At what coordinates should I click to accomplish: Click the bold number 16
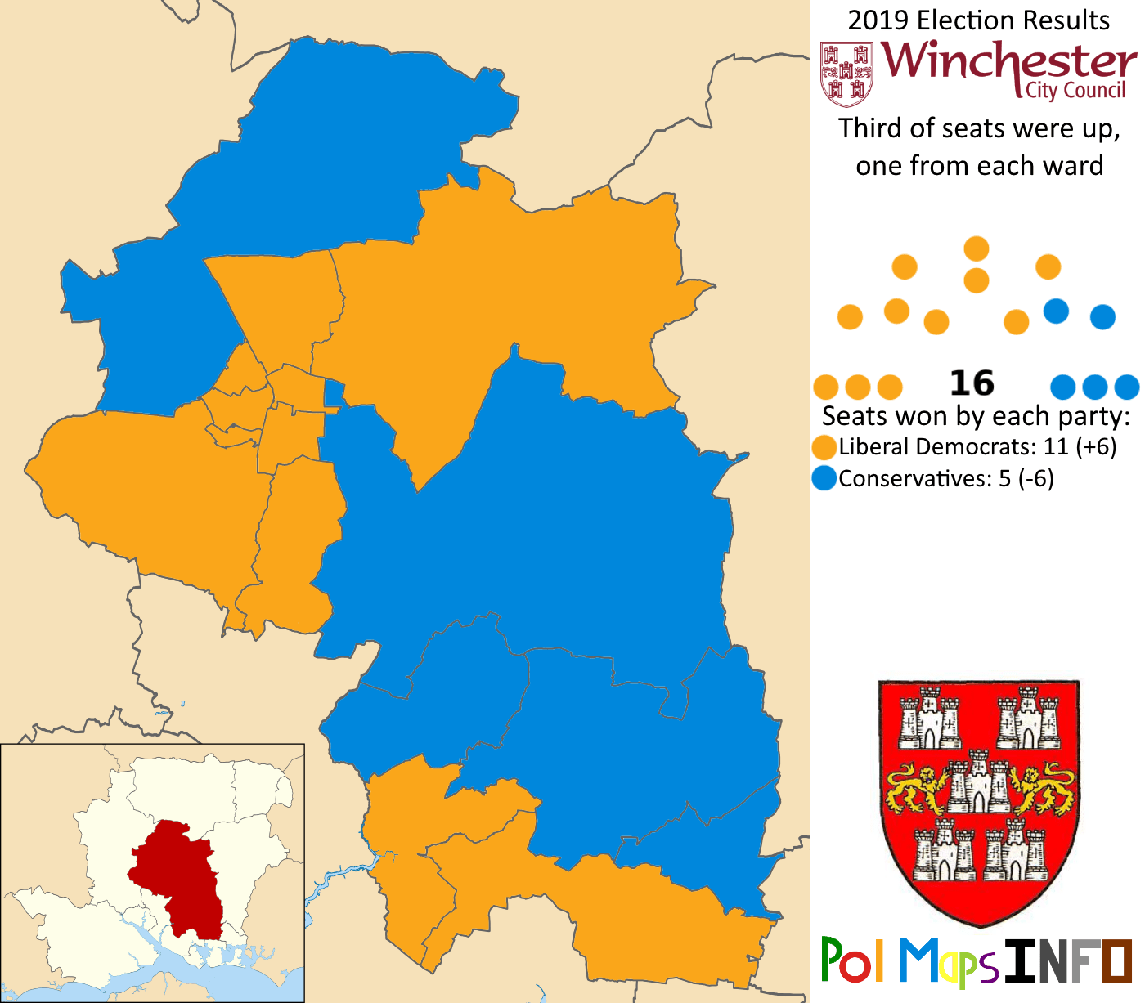point(972,383)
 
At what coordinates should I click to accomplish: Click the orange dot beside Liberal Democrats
point(824,447)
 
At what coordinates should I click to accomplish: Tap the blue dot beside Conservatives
point(824,478)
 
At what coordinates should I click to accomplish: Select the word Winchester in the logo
point(1009,61)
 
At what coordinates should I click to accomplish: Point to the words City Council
point(1075,91)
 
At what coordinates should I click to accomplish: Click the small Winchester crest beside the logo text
point(846,74)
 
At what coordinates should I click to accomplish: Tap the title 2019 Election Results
point(978,20)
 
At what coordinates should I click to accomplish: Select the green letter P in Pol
point(833,960)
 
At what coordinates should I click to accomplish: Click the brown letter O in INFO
point(1117,961)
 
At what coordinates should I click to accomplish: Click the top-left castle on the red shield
point(930,719)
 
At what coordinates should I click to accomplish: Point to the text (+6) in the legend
point(1096,447)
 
